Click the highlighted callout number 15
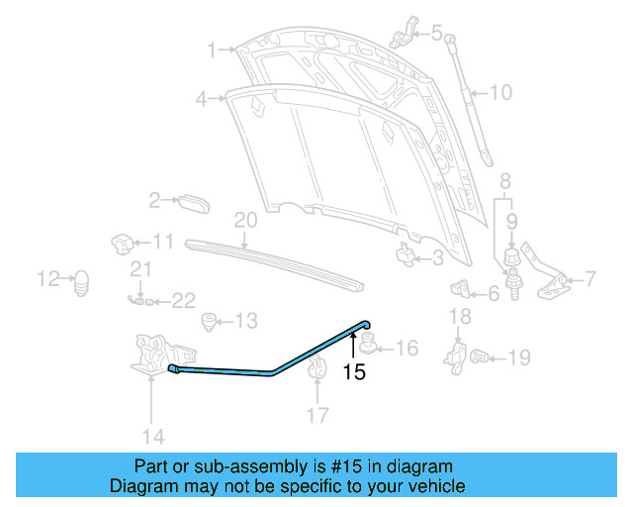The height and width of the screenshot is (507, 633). click(x=354, y=372)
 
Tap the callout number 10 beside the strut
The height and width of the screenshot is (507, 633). click(x=500, y=93)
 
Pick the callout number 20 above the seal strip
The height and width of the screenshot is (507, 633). click(x=245, y=220)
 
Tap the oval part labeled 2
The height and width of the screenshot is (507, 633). click(x=194, y=202)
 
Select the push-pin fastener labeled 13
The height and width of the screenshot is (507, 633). click(x=208, y=321)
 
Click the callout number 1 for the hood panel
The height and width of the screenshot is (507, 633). click(x=211, y=49)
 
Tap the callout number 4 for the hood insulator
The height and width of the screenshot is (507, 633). click(x=201, y=98)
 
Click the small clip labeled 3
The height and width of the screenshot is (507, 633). click(x=407, y=256)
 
